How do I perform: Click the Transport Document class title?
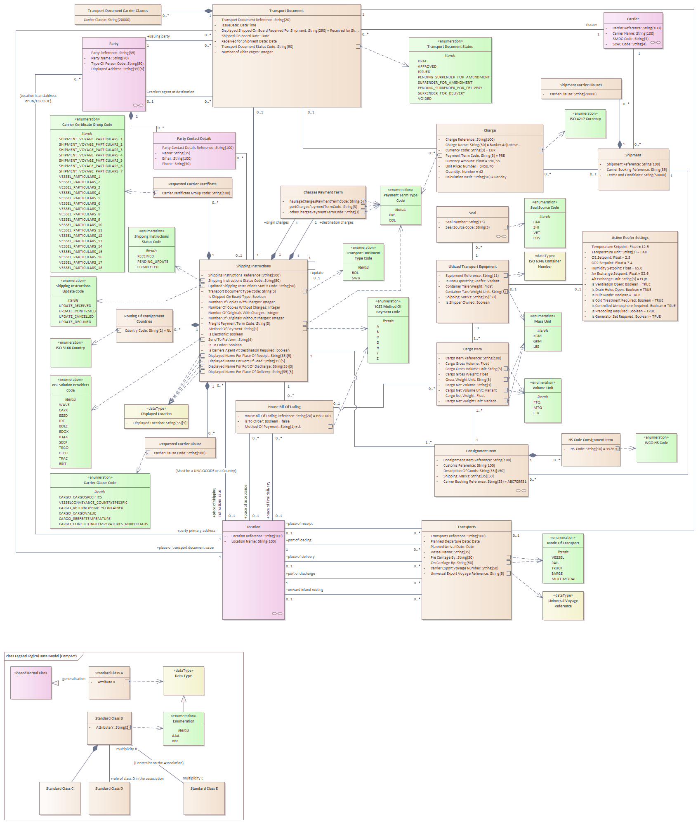[286, 11]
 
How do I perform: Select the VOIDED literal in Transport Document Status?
[424, 99]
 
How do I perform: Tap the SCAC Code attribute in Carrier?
[629, 44]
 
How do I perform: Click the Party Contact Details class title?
[194, 139]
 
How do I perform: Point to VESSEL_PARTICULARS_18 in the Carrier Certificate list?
[80, 268]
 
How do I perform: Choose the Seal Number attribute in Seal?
[465, 222]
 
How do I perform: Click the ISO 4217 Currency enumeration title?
[585, 119]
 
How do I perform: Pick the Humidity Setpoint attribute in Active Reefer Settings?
[616, 268]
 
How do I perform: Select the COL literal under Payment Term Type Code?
[392, 220]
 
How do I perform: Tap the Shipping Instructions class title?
[253, 266]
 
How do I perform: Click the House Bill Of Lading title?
[284, 407]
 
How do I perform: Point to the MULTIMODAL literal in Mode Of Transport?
[564, 579]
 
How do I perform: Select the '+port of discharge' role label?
[300, 574]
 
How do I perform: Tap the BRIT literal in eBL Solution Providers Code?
[63, 464]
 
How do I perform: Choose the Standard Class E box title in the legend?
[204, 789]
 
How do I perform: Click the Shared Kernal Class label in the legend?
[31, 673]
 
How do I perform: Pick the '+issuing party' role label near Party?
[158, 36]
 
